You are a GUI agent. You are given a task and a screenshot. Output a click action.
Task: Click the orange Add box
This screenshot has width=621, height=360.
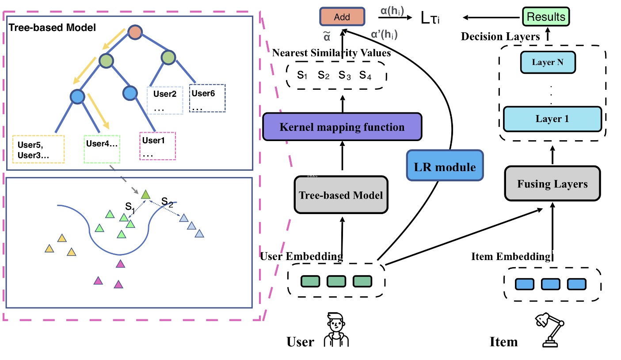click(342, 17)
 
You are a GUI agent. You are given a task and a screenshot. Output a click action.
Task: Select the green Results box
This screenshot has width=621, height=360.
click(546, 17)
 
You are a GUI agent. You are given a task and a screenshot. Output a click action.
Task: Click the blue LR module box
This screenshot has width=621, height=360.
click(445, 167)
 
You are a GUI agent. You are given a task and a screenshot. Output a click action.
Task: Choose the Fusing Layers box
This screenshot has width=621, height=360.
click(552, 183)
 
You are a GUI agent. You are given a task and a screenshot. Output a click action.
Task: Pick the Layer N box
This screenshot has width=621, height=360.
click(548, 62)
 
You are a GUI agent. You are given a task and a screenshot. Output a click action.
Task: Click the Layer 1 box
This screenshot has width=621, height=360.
click(552, 119)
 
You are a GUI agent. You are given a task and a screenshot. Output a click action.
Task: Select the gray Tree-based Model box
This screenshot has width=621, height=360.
click(340, 195)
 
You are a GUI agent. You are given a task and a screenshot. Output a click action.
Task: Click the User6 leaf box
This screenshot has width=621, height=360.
click(207, 98)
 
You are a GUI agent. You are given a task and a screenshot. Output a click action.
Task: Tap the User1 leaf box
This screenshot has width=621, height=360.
click(157, 146)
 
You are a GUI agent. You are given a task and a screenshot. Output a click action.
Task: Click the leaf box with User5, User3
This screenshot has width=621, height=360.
click(38, 149)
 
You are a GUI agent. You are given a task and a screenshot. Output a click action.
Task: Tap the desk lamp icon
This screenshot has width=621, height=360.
click(550, 330)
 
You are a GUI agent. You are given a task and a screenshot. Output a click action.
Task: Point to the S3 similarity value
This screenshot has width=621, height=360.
click(344, 75)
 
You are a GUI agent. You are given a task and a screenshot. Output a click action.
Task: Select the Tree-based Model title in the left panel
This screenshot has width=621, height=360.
click(52, 28)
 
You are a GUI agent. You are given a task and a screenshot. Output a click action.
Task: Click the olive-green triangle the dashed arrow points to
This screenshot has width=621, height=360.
click(145, 194)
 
